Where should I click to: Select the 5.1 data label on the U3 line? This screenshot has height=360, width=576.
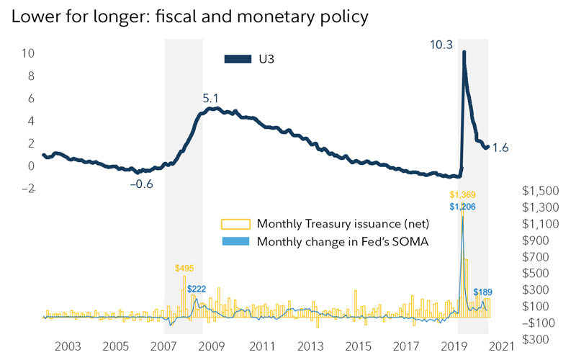click(210, 97)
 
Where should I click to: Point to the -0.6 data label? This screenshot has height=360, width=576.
click(141, 184)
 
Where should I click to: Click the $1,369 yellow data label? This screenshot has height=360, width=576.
click(463, 195)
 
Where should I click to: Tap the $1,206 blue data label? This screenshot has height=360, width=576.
click(463, 207)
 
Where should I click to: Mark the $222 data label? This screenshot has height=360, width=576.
click(197, 289)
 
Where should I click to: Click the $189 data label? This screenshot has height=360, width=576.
click(482, 292)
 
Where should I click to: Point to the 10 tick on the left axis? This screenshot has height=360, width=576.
click(29, 53)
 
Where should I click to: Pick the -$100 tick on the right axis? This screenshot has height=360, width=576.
click(537, 322)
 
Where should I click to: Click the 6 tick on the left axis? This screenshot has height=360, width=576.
click(31, 99)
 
